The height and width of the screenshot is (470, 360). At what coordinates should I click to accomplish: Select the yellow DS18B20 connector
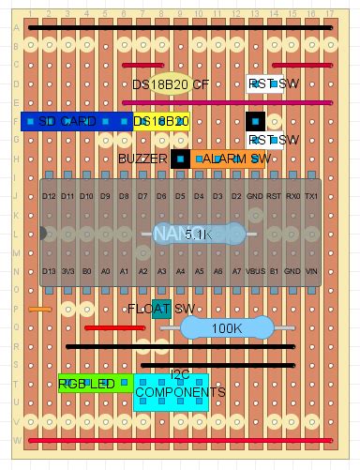pos(162,121)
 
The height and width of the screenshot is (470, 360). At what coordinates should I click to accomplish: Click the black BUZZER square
pos(180,159)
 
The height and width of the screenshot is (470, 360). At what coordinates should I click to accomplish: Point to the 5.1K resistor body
pos(199,234)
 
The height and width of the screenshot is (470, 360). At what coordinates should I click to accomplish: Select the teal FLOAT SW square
pos(161,309)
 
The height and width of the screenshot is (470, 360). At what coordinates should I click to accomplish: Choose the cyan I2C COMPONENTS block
pos(171,392)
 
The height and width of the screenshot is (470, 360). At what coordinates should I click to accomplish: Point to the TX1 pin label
pos(311,196)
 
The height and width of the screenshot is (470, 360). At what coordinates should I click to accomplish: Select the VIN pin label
pos(311,271)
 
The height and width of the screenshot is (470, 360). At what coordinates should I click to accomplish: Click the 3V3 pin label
pos(67,271)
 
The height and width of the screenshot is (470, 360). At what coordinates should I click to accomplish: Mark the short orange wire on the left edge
pos(39,309)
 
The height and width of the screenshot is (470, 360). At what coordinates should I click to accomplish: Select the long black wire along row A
pos(180,28)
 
